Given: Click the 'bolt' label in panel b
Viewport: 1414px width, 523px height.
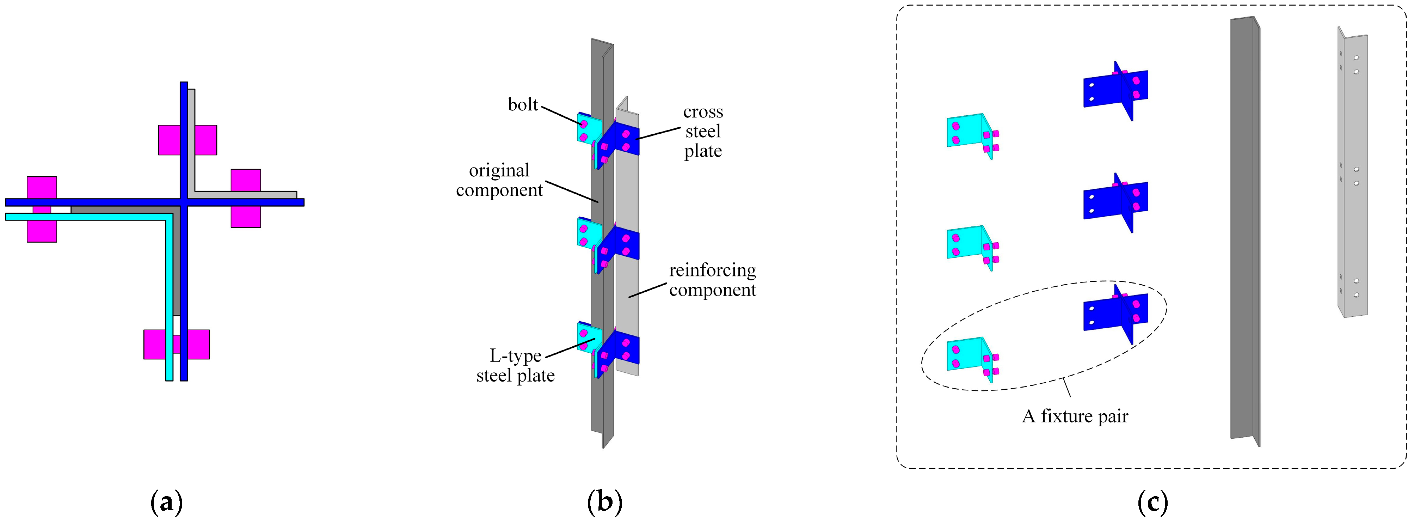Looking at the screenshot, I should [523, 104].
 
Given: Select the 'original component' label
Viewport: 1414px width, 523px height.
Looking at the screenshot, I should [499, 180].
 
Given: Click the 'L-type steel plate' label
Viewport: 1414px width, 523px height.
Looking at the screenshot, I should [515, 366].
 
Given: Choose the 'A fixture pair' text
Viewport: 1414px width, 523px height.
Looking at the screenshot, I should [1075, 416].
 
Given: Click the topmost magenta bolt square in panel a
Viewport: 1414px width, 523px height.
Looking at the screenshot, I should [187, 140].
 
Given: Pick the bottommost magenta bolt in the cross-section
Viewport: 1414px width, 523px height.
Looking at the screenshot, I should [176, 345].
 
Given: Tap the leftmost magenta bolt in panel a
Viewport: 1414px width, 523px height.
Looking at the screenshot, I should [42, 209].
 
